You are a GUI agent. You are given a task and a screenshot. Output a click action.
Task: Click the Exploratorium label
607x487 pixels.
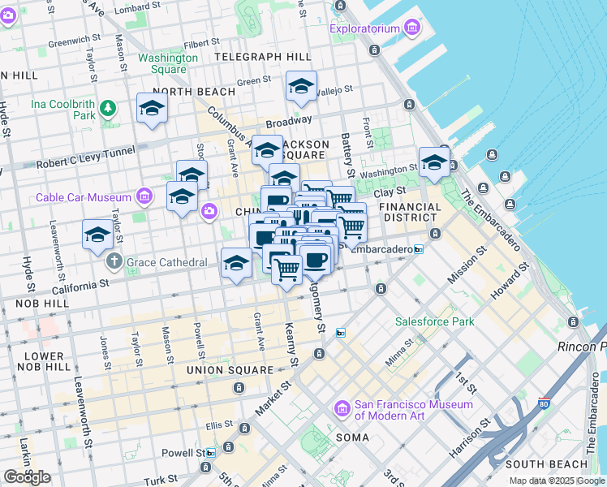364,29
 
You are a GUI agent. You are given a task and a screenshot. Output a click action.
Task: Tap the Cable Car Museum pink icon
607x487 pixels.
144,196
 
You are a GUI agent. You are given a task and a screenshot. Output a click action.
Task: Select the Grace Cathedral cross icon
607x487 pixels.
114,262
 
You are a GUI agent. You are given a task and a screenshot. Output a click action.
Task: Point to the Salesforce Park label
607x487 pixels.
434,321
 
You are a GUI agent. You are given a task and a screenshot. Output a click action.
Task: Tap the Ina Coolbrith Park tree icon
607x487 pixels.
108,108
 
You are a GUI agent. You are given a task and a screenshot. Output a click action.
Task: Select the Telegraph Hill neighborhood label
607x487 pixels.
263,57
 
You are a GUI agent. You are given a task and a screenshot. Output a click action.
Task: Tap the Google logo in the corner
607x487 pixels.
27,477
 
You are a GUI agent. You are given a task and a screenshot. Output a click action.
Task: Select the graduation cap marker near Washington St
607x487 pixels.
434,162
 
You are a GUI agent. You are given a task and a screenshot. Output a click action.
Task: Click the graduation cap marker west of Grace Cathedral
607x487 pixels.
97,235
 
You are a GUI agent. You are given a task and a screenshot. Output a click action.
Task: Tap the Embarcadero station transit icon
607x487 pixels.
419,249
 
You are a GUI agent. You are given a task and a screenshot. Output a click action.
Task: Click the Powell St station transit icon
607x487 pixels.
211,453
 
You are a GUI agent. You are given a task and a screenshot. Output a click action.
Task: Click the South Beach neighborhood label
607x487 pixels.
545,463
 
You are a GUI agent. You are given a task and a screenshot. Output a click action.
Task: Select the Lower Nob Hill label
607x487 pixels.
45,361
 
